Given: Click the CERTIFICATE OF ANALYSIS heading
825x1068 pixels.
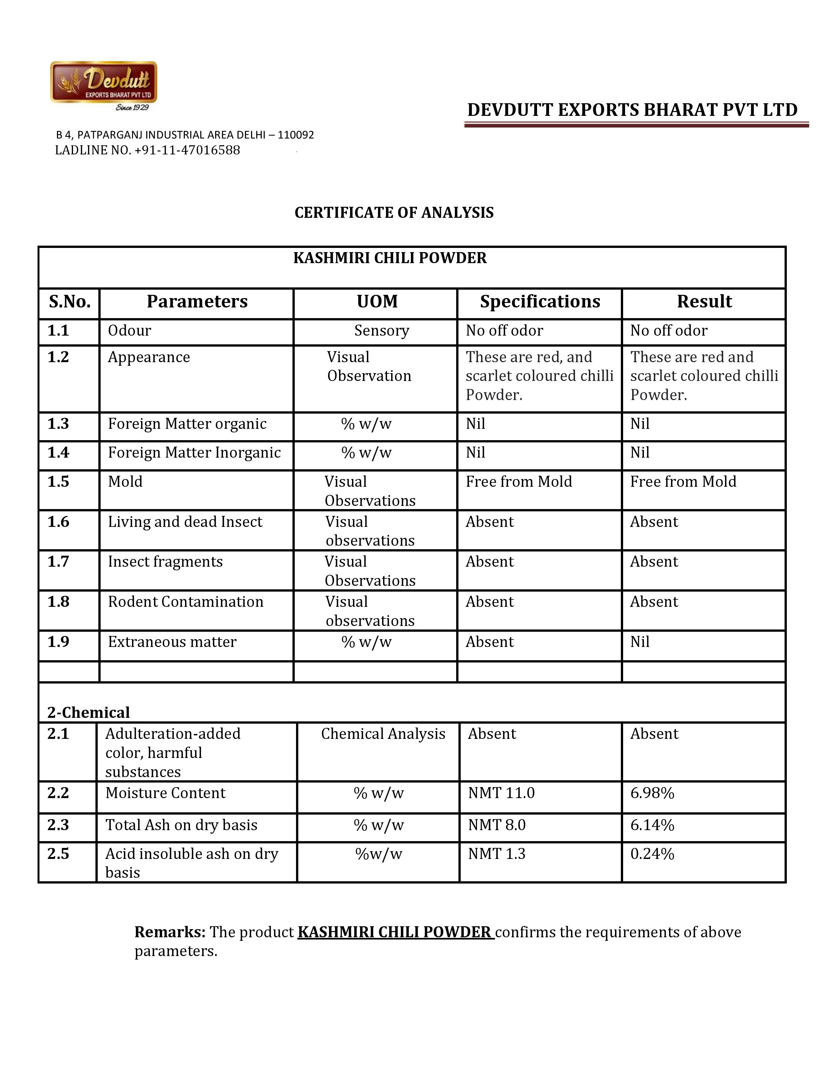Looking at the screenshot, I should point(394,213).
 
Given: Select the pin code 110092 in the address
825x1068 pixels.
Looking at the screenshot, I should point(296,135).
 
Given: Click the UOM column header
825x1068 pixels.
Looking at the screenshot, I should point(377,302).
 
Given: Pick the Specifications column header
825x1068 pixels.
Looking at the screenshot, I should point(540,302).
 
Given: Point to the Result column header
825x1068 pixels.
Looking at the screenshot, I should point(704,302).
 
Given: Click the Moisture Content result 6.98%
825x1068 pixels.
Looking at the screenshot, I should point(652,793).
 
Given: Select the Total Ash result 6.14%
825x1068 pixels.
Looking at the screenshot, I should point(652,825).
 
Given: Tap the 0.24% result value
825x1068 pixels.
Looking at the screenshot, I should point(652,854).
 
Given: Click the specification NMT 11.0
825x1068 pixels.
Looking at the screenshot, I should point(501,793).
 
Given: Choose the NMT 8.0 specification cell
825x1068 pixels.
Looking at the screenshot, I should point(497,825).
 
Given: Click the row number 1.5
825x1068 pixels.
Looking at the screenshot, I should point(58,482).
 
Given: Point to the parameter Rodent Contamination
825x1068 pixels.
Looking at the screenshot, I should point(185,602).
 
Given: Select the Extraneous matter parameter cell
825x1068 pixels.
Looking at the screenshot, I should point(172,642).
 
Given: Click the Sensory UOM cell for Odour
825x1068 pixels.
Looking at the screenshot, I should point(381,330).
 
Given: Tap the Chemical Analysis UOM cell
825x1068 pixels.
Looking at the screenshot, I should point(383,734).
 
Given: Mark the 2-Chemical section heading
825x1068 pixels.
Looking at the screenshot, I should point(88,713).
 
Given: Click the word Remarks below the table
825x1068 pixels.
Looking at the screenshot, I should point(170,932).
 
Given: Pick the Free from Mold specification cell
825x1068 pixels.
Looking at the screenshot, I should point(519,482).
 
